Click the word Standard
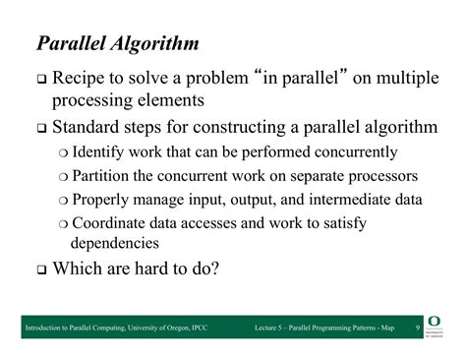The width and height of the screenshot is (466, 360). [x=90, y=128]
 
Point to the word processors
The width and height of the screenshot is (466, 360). [x=355, y=176]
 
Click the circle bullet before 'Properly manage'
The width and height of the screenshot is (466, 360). [x=63, y=201]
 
